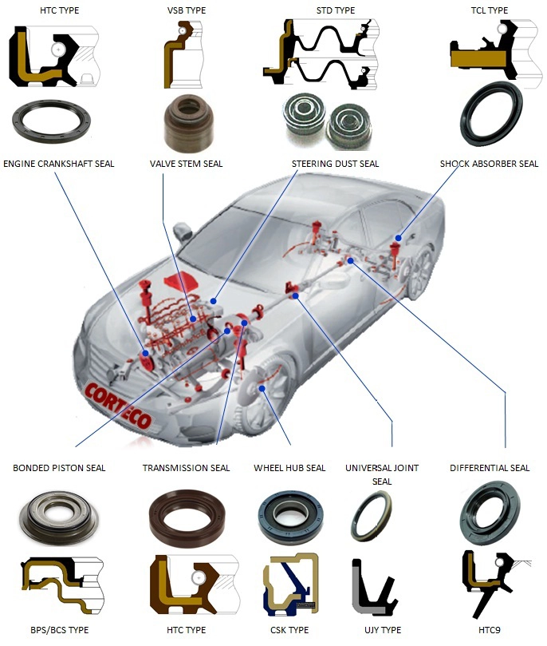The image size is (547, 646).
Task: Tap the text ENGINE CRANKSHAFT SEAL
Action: tap(58, 164)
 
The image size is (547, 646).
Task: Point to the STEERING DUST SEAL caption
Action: tap(335, 164)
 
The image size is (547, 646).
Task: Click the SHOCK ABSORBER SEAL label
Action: tap(489, 164)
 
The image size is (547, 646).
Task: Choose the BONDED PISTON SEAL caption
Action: tap(59, 468)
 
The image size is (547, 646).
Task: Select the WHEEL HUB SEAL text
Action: tap(289, 468)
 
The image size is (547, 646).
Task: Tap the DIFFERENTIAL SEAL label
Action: tap(490, 468)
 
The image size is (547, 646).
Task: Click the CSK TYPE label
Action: tap(289, 630)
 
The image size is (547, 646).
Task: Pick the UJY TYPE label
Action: tap(381, 630)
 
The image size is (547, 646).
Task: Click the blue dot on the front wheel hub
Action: tap(262, 389)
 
